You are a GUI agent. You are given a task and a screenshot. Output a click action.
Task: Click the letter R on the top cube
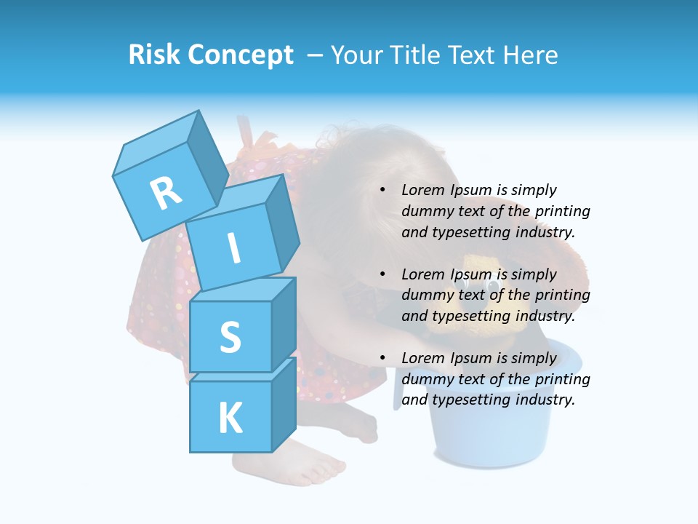tap(166, 194)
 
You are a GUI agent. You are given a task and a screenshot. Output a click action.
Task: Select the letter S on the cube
tap(230, 337)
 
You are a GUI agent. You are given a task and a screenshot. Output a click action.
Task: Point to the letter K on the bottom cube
tap(230, 418)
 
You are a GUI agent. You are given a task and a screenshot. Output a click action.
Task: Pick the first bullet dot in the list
tap(382, 191)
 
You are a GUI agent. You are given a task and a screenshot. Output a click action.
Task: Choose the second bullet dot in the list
tap(382, 275)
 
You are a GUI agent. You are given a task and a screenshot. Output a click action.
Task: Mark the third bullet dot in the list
tap(382, 359)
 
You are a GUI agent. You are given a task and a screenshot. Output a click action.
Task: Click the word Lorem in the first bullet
tap(422, 191)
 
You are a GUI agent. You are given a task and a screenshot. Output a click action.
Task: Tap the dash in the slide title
tap(316, 55)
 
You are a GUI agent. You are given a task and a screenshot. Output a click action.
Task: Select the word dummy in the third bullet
tap(425, 379)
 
